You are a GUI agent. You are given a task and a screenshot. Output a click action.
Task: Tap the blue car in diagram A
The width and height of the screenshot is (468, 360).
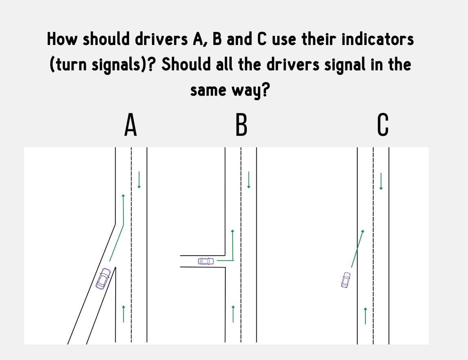pos(103,279)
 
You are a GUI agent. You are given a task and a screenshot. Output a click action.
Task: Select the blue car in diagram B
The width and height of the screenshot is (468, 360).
pos(206,261)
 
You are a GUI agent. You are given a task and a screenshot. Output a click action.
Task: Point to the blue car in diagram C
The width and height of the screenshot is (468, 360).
pos(346,280)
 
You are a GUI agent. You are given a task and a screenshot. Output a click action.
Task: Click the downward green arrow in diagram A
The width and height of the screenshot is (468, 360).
pos(139,180)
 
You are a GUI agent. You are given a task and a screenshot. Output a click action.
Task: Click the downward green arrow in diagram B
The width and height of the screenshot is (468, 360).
pos(249,180)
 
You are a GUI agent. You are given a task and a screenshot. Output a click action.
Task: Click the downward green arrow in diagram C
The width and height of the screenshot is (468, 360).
pos(381,181)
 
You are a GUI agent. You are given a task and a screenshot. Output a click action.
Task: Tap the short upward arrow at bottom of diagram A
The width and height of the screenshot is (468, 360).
pos(123,313)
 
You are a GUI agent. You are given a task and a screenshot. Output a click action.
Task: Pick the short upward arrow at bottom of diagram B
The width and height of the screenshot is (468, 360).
pos(233,313)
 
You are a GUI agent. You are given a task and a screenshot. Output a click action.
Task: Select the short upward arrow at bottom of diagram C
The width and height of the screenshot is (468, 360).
pos(365,315)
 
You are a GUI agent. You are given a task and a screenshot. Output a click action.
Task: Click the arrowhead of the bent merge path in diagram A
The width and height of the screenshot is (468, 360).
pos(123,196)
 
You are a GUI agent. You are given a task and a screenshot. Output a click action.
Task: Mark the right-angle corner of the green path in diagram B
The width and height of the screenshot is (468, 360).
pos(233,260)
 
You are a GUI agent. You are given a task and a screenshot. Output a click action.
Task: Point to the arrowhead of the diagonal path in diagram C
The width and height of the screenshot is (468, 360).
pos(363,232)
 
